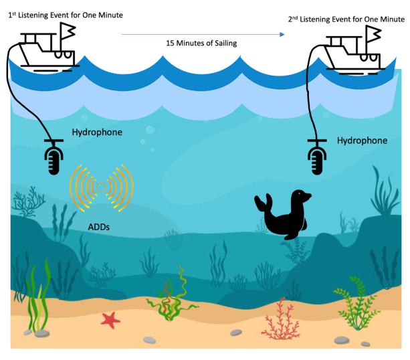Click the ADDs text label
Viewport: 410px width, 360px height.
99,227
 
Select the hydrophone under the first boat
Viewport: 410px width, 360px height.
53,157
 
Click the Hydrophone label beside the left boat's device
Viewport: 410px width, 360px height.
97,132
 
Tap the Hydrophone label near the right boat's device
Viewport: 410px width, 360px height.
362,141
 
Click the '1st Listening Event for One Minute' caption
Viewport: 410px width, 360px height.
65,13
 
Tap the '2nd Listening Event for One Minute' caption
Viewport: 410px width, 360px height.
346,19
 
